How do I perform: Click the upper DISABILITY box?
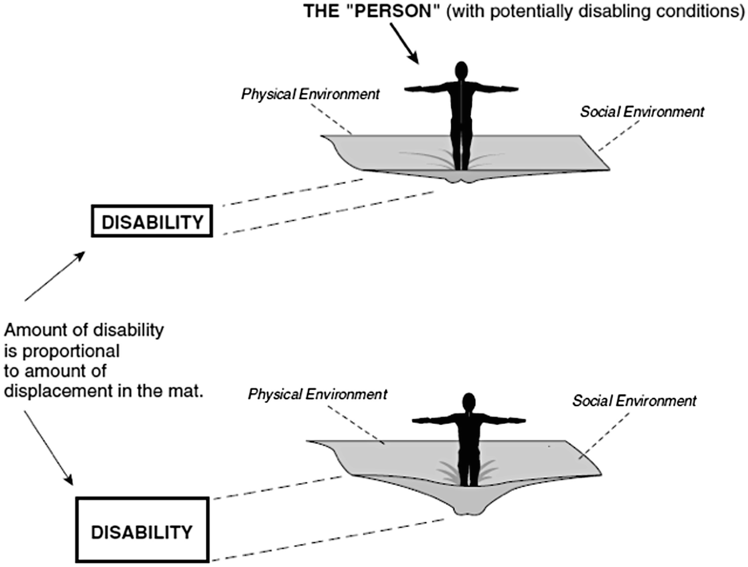point(152,221)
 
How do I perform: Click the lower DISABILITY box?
point(142,530)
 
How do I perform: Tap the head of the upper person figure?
point(461,70)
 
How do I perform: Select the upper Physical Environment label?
point(310,94)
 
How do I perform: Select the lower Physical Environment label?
point(318,394)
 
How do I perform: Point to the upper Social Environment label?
point(642,111)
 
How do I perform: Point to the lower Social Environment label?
point(634,400)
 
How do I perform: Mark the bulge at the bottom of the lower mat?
point(469,509)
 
